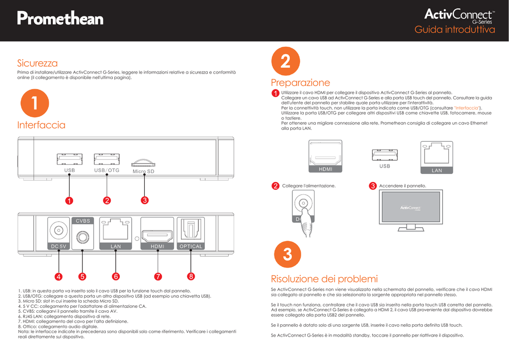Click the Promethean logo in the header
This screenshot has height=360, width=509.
pos(60,19)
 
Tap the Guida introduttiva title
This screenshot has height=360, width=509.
pos(455,30)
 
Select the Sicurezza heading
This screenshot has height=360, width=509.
pos(37,63)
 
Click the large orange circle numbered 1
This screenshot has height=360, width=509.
pos(34,103)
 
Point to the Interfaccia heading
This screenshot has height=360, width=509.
pos(41,125)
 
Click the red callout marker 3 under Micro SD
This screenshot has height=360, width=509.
pos(144,200)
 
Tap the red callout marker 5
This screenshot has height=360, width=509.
pos(83,276)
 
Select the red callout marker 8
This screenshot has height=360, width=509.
pos(190,276)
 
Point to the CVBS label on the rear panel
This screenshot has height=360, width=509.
pos(83,221)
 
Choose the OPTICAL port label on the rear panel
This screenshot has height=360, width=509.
pos(191,246)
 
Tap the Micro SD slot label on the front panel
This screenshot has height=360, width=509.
pos(144,172)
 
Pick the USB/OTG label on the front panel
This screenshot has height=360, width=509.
pos(107,170)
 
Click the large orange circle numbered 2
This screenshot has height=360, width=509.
pos(285,62)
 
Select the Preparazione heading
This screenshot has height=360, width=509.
pos(300,83)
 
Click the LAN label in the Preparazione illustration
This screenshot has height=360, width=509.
pos(436,171)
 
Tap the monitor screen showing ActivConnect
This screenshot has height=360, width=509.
pos(410,207)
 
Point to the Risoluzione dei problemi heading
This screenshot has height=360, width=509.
pos(324,278)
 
